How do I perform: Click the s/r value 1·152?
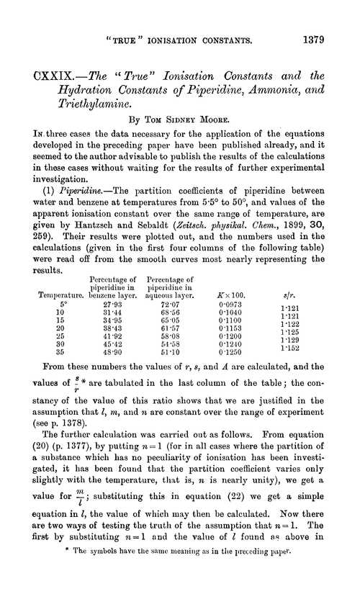click(312, 347)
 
